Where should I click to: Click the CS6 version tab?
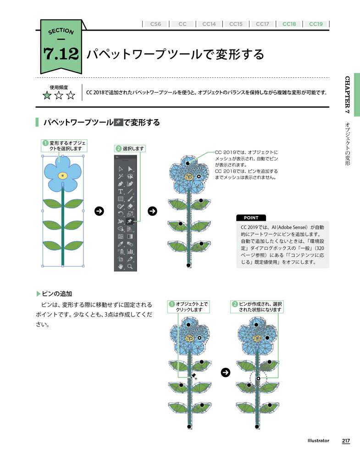tap(155, 24)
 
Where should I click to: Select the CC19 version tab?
tap(316, 24)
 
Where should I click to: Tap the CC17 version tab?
tap(262, 24)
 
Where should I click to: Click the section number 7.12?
tap(61, 54)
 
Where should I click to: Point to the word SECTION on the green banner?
tap(61, 31)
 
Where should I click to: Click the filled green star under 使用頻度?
tap(47, 96)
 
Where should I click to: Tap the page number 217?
tap(346, 441)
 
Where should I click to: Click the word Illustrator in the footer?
tap(318, 441)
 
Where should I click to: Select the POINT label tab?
tap(251, 218)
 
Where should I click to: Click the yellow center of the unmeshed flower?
tap(62, 175)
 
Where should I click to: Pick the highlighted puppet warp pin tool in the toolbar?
tap(130, 221)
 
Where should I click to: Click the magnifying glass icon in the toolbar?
tap(130, 267)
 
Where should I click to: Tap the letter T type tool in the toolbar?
tap(120, 191)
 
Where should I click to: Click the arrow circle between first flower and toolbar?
tap(100, 211)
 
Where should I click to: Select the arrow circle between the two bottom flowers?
tap(226, 372)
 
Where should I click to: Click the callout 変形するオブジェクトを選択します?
tap(64, 146)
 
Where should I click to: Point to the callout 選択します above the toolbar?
tap(130, 149)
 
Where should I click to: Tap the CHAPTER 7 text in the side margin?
tap(347, 95)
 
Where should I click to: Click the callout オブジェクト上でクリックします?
tap(188, 307)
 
